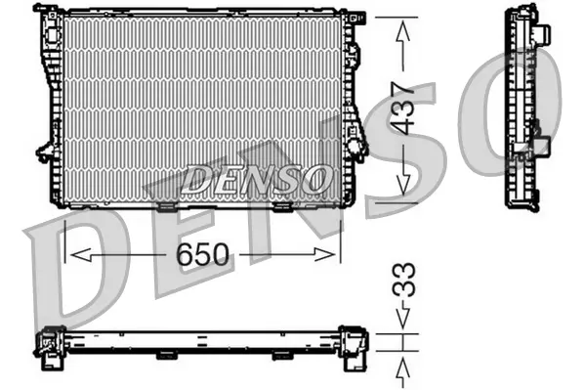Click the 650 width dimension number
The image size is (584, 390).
pos(202,255)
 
